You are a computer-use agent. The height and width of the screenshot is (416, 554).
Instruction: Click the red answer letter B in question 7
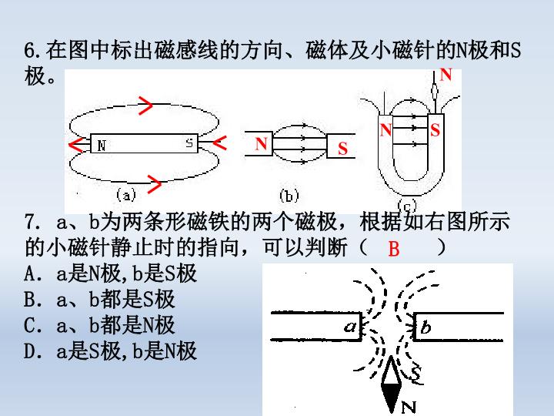click(x=394, y=249)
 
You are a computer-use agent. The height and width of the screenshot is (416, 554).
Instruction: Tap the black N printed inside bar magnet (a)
click(x=102, y=146)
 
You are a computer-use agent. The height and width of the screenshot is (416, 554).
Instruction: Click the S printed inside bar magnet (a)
click(x=189, y=143)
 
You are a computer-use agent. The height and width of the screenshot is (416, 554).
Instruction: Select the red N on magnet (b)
click(x=261, y=143)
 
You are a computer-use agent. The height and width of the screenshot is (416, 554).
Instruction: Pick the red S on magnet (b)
click(x=342, y=149)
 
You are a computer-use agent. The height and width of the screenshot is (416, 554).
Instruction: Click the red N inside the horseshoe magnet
click(x=385, y=130)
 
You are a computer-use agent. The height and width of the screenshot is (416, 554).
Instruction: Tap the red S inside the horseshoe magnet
click(x=435, y=130)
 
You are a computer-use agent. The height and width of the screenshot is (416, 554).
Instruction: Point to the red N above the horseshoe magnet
click(x=446, y=75)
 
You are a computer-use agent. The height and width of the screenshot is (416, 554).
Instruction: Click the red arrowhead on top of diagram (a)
click(x=145, y=106)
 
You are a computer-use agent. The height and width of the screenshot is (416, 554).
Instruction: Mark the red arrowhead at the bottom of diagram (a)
click(x=155, y=184)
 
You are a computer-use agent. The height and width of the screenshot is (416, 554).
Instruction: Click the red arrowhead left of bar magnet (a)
click(x=75, y=144)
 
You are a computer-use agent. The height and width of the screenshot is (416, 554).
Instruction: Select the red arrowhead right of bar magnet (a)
click(x=220, y=143)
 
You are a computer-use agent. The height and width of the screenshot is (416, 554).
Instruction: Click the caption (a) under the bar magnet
click(x=126, y=195)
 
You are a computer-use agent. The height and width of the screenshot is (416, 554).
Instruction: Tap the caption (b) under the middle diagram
click(x=289, y=196)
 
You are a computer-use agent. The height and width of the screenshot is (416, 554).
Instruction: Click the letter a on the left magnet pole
click(x=351, y=326)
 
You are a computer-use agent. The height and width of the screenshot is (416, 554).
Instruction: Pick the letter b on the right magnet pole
click(x=426, y=327)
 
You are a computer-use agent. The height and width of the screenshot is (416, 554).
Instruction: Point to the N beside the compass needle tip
click(x=409, y=408)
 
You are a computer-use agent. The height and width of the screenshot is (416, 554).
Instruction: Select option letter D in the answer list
click(x=29, y=351)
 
